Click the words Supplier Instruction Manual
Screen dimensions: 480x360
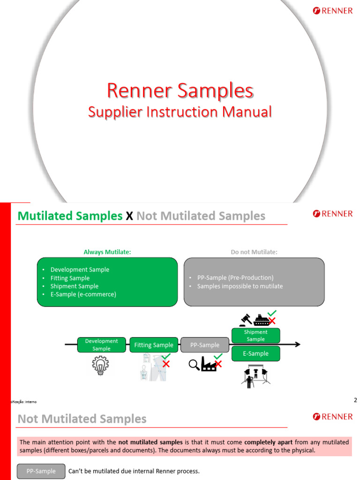180,112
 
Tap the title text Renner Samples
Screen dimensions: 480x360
180,90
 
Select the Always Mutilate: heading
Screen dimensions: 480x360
107,252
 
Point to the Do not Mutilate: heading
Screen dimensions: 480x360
254,252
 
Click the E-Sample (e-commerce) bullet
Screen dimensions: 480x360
83,294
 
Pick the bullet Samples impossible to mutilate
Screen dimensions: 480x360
240,286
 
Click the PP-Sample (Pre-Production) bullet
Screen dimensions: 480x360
235,277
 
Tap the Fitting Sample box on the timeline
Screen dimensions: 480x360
154,345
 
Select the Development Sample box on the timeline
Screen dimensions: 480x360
101,345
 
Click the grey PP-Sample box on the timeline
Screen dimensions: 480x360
205,345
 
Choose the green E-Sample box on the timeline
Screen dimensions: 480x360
255,353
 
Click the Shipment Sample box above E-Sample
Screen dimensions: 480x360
255,336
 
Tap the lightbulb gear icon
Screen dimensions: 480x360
101,364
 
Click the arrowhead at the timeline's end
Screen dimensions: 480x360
297,345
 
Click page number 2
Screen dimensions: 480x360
355,400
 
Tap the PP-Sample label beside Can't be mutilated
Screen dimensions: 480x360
41,471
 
